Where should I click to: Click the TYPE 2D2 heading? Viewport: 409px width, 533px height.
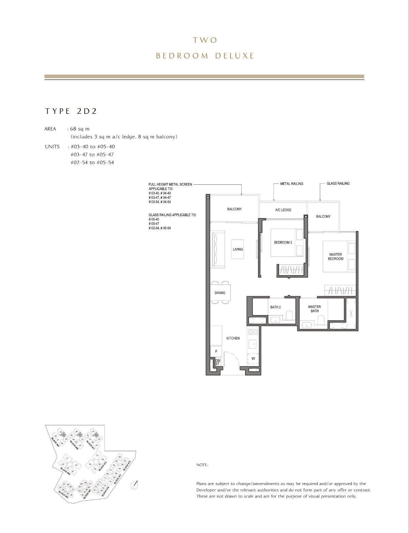[71, 111]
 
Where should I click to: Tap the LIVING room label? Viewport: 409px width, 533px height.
[238, 249]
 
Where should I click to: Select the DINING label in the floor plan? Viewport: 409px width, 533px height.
[220, 293]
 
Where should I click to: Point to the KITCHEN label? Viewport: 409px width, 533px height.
[233, 338]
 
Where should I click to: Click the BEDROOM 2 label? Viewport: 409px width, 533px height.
[283, 243]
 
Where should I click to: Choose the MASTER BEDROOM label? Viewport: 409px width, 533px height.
[336, 257]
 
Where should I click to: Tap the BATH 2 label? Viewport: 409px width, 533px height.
[275, 307]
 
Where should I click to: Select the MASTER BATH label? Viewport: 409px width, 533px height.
[314, 309]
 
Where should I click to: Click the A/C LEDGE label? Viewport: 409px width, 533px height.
[283, 210]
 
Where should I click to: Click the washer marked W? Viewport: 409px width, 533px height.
[253, 359]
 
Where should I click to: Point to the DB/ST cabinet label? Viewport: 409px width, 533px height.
[217, 362]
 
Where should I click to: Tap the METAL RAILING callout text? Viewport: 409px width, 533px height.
[291, 184]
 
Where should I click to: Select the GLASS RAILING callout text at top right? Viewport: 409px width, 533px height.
[338, 183]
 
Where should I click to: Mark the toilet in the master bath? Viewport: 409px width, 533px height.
[320, 320]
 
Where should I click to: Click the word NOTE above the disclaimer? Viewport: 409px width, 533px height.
[202, 465]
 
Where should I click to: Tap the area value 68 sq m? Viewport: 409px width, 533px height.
[79, 129]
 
